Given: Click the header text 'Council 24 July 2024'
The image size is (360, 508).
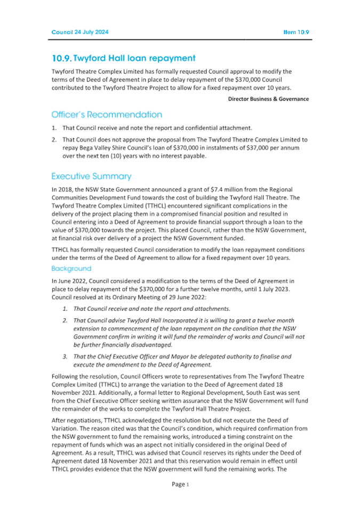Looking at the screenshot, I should pyautogui.click(x=79, y=33).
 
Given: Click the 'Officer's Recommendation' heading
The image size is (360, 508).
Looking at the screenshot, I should pyautogui.click(x=107, y=115).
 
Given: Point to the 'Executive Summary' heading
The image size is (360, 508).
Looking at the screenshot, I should pyautogui.click(x=91, y=176).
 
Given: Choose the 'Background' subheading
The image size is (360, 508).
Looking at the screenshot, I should pyautogui.click(x=71, y=268).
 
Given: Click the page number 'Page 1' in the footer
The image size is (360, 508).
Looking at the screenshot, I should pyautogui.click(x=180, y=484).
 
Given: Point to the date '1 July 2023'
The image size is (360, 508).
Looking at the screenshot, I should pyautogui.click(x=268, y=287).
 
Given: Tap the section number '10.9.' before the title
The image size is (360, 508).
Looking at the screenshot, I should pyautogui.click(x=61, y=58).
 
